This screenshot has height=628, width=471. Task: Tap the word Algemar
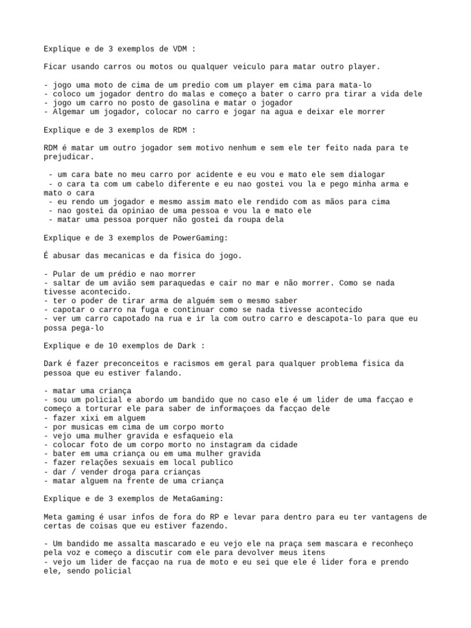[x=69, y=112]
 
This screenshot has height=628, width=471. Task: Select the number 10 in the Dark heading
[x=153, y=345]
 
